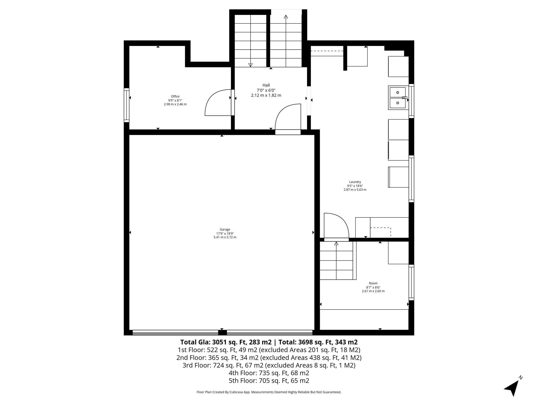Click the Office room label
[x=175, y=96]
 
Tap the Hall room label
[x=266, y=85]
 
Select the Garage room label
[x=225, y=229]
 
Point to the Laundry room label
[x=355, y=182]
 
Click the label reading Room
[x=373, y=283]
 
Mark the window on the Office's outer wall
[x=127, y=105]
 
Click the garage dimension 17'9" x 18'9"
[x=225, y=233]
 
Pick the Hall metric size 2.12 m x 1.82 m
[x=266, y=95]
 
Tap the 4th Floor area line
[x=269, y=373]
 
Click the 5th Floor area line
[x=269, y=380]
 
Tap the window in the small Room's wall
[x=411, y=282]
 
